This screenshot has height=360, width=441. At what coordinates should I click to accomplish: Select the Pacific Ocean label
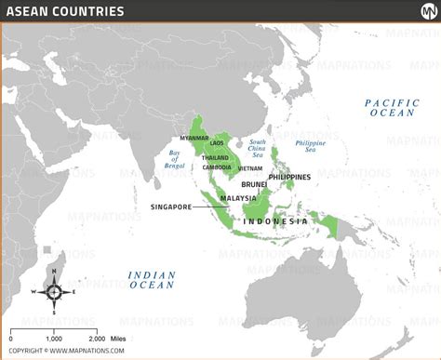tap(393, 107)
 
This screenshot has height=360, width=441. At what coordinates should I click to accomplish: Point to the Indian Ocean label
tap(151, 279)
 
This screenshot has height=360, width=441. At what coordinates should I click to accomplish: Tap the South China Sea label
tap(258, 149)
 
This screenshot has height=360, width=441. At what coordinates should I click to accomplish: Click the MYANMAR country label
tap(194, 138)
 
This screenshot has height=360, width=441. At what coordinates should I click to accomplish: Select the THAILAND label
tap(216, 157)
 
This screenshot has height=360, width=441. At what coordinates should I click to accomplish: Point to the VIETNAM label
tap(249, 168)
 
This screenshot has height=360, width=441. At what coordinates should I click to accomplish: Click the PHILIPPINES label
tap(289, 177)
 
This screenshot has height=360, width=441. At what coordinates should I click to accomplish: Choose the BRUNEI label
tap(256, 185)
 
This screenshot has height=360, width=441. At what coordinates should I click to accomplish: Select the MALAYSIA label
tap(238, 198)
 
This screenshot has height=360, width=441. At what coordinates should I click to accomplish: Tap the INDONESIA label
tap(274, 221)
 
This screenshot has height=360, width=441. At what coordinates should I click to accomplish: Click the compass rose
tap(54, 291)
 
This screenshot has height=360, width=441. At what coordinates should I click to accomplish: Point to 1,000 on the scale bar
tap(54, 340)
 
